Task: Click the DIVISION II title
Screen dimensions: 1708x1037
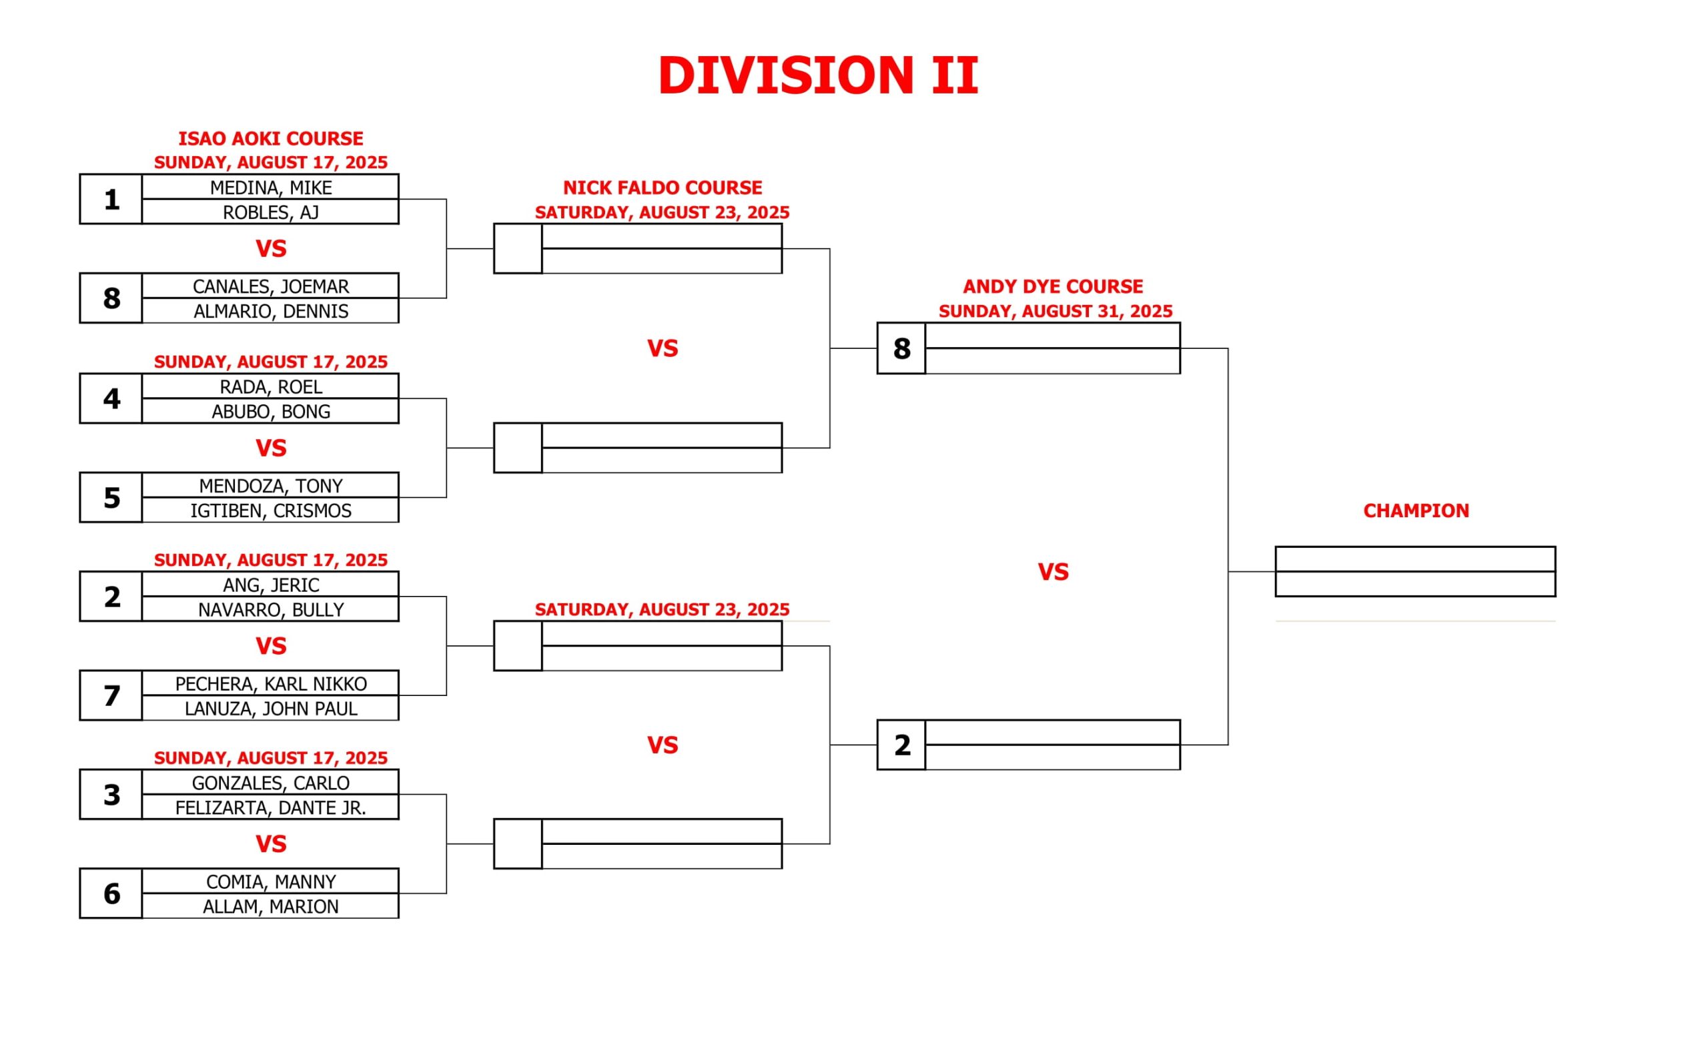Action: click(x=818, y=75)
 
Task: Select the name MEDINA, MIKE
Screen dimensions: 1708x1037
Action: click(x=270, y=188)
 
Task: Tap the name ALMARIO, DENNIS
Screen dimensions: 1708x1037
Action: click(x=270, y=311)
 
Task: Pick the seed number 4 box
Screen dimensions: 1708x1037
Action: click(x=111, y=398)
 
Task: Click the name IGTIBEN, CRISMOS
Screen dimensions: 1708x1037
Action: click(x=270, y=511)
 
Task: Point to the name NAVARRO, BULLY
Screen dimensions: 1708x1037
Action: click(x=270, y=610)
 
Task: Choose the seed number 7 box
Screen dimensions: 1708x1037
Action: click(x=111, y=695)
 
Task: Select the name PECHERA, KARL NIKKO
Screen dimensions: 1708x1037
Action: click(x=270, y=684)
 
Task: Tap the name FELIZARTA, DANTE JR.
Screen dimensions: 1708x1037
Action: click(x=270, y=808)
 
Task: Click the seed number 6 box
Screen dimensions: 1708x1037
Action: click(x=111, y=894)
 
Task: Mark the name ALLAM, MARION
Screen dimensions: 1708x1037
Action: click(x=270, y=907)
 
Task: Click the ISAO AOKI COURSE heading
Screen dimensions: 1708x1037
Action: click(x=270, y=139)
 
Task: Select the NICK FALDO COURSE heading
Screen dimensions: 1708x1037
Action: click(x=662, y=188)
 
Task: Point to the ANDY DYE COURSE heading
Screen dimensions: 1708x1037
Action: click(x=1053, y=286)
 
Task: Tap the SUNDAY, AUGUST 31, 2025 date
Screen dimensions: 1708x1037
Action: click(x=1055, y=311)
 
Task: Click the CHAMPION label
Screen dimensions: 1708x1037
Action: click(x=1416, y=511)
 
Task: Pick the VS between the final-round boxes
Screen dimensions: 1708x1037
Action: click(x=1053, y=572)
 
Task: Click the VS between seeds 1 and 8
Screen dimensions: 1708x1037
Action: click(x=270, y=249)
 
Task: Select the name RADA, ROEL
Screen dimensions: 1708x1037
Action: click(x=270, y=387)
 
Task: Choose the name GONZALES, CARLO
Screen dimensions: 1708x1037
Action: click(x=270, y=783)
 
